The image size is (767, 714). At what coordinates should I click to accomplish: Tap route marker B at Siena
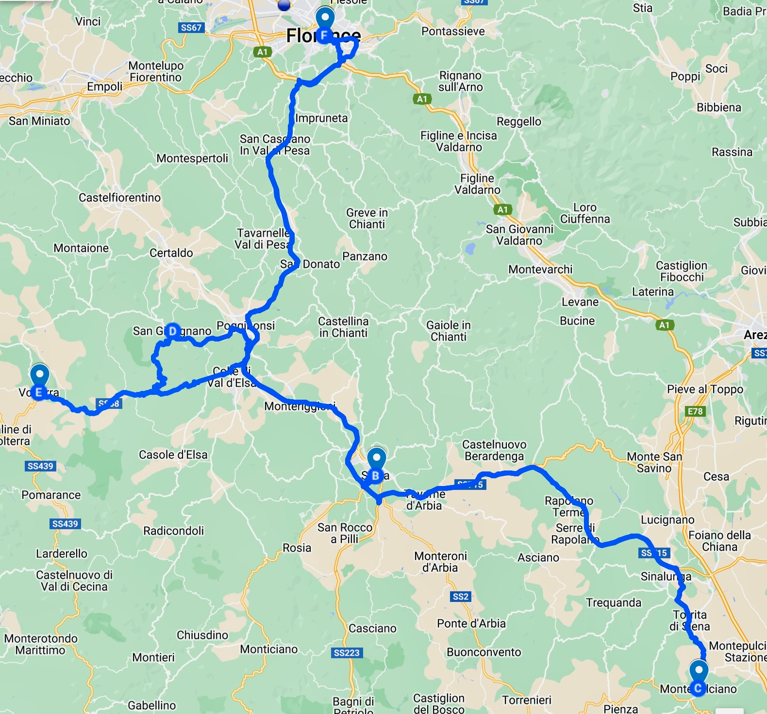pyautogui.click(x=376, y=475)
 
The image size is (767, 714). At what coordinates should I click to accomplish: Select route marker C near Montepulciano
pyautogui.click(x=698, y=688)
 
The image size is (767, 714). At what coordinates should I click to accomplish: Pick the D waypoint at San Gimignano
pyautogui.click(x=172, y=331)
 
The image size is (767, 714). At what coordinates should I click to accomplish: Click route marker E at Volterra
pyautogui.click(x=39, y=392)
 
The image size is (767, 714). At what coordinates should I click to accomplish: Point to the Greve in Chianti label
pyautogui.click(x=367, y=218)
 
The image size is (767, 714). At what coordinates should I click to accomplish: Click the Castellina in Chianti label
pyautogui.click(x=343, y=327)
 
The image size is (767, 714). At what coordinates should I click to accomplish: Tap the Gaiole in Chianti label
pyautogui.click(x=449, y=331)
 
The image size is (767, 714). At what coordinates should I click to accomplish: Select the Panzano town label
pyautogui.click(x=365, y=257)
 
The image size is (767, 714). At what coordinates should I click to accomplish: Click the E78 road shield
pyautogui.click(x=695, y=411)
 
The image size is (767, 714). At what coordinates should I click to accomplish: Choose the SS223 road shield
pyautogui.click(x=347, y=652)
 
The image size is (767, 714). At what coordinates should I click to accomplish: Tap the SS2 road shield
pyautogui.click(x=460, y=596)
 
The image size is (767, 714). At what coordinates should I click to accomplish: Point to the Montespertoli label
pyautogui.click(x=192, y=158)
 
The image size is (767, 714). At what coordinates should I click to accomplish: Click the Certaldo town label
pyautogui.click(x=171, y=253)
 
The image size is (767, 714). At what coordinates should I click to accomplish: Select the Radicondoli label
pyautogui.click(x=174, y=531)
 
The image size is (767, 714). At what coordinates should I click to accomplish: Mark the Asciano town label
pyautogui.click(x=538, y=558)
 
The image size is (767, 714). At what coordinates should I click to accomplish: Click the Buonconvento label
pyautogui.click(x=484, y=652)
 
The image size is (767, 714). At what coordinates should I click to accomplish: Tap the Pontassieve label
pyautogui.click(x=453, y=32)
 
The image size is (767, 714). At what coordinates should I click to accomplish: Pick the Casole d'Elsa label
pyautogui.click(x=173, y=454)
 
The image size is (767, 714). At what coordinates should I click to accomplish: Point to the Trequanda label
pyautogui.click(x=614, y=602)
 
